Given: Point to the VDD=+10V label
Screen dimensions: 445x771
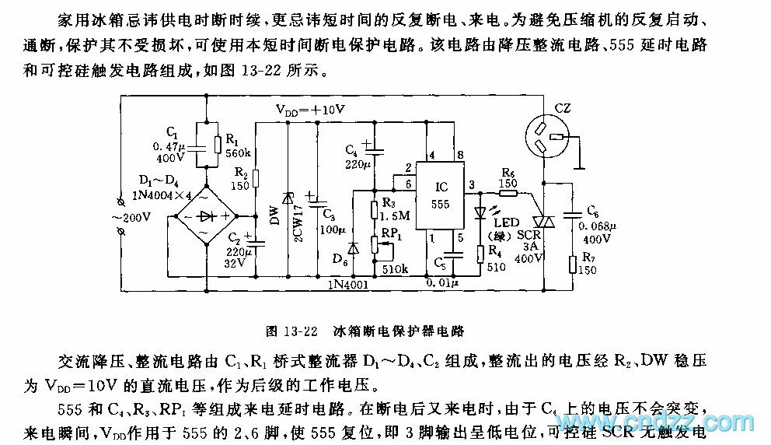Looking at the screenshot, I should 310,110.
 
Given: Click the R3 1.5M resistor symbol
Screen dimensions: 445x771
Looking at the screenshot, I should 374,208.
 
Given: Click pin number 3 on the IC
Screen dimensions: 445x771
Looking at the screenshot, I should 469,184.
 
